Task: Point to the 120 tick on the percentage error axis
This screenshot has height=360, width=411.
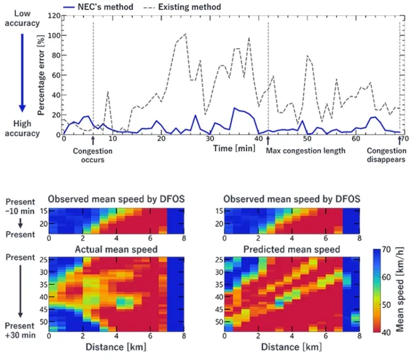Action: [x=54, y=16]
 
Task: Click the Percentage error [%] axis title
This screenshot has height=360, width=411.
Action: [x=42, y=75]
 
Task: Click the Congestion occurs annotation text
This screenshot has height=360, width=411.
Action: [x=92, y=155]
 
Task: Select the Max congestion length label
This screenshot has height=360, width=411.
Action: [x=305, y=152]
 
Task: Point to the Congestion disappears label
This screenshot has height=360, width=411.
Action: [x=386, y=155]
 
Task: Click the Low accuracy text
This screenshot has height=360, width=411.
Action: [x=22, y=18]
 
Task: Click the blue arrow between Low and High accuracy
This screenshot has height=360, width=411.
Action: [x=22, y=73]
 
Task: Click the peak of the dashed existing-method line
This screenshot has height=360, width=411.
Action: [x=185, y=34]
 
